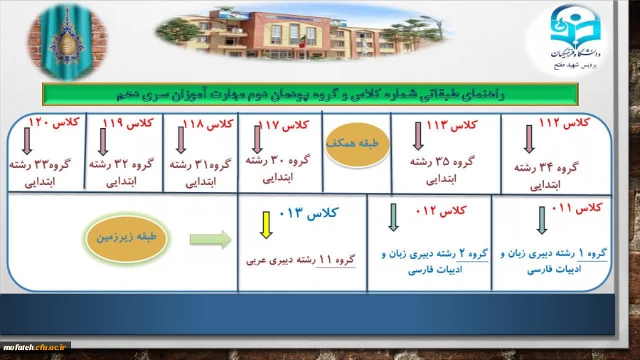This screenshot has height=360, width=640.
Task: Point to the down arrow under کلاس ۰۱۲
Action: [393, 218]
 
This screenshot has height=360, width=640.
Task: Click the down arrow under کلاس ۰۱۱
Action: [541, 220]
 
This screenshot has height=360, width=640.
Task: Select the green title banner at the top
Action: [309, 93]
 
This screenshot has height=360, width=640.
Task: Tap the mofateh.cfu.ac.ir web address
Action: [35, 346]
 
